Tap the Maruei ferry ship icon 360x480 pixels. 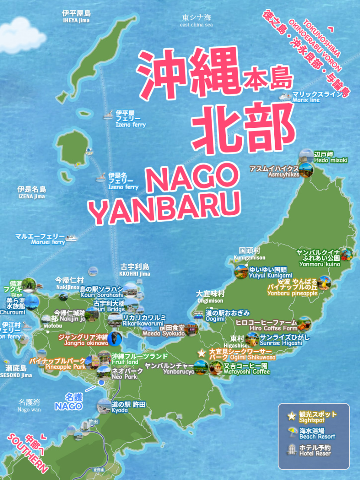coord(71,237)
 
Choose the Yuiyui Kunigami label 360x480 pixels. coord(270,272)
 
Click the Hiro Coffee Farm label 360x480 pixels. coord(266,325)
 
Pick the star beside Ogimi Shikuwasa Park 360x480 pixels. coord(201,354)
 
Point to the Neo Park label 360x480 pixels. coord(124,374)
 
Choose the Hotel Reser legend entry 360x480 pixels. coord(315,451)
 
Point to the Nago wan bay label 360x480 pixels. coord(29,405)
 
